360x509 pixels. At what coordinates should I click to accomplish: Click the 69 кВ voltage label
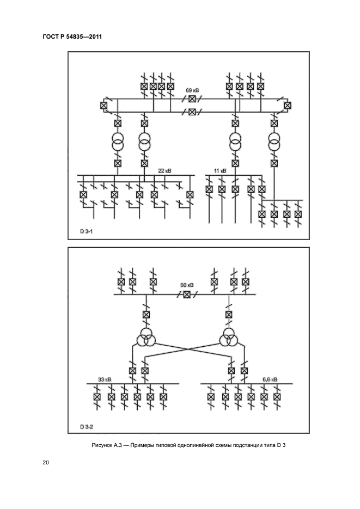(x=192, y=89)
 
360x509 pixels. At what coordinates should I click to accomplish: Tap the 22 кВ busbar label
(x=164, y=171)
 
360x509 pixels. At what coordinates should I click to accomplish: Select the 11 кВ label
(x=219, y=171)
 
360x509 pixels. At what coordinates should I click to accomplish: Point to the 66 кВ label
(x=187, y=285)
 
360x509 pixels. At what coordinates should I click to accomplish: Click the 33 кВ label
(x=104, y=379)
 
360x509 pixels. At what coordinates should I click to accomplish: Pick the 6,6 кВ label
(x=270, y=379)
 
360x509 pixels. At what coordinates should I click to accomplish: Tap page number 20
(x=46, y=463)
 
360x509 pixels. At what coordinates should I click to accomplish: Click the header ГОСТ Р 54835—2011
(x=72, y=36)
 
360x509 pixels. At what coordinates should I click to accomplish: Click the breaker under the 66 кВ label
(x=187, y=294)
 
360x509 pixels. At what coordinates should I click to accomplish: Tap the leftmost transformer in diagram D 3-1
(x=117, y=144)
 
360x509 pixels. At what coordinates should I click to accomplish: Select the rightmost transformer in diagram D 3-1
(x=274, y=144)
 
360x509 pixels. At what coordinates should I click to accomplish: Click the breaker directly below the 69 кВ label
(x=192, y=99)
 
